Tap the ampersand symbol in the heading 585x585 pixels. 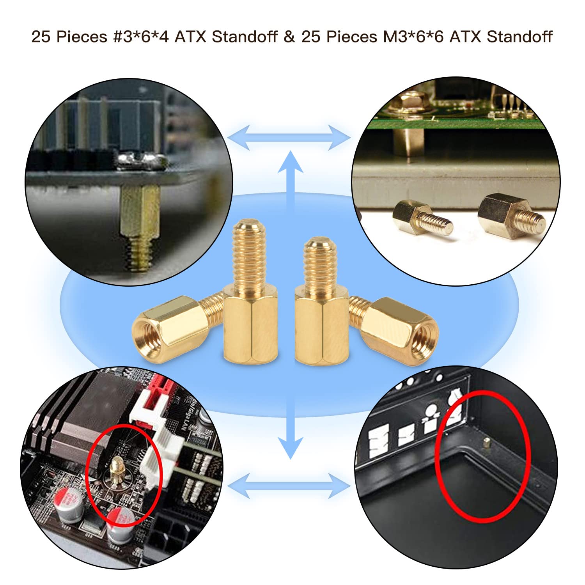click(x=289, y=37)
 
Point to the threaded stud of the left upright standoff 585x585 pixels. click(x=248, y=257)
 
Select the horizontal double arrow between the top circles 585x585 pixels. click(x=289, y=138)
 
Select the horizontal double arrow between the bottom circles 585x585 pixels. click(x=289, y=485)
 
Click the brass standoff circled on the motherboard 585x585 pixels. click(x=117, y=470)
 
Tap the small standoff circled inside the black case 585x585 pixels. click(x=486, y=442)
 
